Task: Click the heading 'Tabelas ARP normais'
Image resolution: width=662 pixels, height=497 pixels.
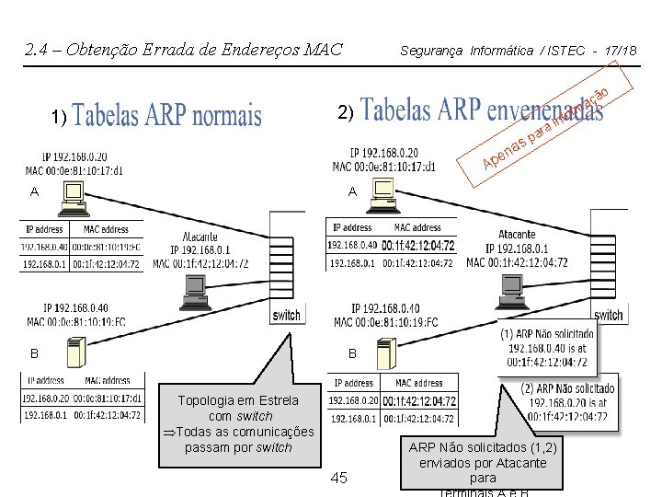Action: (166, 116)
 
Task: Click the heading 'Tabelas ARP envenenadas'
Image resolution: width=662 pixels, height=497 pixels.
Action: (482, 110)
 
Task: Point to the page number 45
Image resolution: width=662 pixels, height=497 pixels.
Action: (338, 478)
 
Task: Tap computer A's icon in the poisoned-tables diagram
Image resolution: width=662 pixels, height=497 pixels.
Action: (382, 194)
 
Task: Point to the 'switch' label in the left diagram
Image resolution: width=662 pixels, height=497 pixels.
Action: (286, 316)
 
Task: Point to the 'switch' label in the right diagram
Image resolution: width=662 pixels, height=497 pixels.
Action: (608, 315)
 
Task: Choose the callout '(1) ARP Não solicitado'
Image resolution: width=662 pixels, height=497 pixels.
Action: (546, 348)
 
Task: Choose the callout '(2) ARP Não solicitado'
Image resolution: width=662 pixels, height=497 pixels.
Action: (565, 402)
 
